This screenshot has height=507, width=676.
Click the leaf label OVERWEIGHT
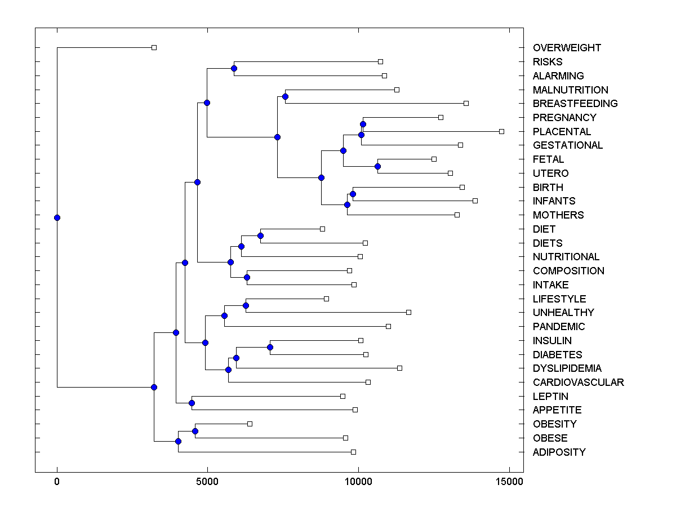pyautogui.click(x=567, y=48)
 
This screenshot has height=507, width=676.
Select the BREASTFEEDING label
pyautogui.click(x=575, y=104)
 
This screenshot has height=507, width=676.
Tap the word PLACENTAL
pyautogui.click(x=562, y=131)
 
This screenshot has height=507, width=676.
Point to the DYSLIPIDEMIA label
pyautogui.click(x=567, y=368)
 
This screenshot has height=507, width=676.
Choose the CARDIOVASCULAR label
pyautogui.click(x=578, y=383)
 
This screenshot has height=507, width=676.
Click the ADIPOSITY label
pyautogui.click(x=559, y=452)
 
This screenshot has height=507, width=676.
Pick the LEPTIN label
pyautogui.click(x=550, y=397)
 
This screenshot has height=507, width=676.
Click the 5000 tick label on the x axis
pyautogui.click(x=207, y=482)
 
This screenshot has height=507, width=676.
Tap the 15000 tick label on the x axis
pyautogui.click(x=509, y=482)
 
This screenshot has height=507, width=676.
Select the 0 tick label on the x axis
pyautogui.click(x=57, y=482)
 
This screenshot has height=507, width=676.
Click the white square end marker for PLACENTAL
pyautogui.click(x=501, y=131)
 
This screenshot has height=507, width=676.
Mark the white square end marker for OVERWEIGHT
pyautogui.click(x=154, y=48)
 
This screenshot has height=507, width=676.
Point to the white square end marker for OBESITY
pyautogui.click(x=250, y=424)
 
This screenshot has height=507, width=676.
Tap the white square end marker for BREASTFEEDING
pyautogui.click(x=466, y=103)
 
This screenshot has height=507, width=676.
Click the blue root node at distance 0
pyautogui.click(x=57, y=217)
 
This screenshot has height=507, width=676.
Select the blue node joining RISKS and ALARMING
pyautogui.click(x=234, y=68)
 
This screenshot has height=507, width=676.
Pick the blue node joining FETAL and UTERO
pyautogui.click(x=377, y=166)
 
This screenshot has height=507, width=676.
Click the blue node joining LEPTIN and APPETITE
pyautogui.click(x=192, y=403)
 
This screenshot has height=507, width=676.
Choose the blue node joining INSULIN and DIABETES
pyautogui.click(x=270, y=347)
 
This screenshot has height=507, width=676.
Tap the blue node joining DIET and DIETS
pyautogui.click(x=260, y=235)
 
